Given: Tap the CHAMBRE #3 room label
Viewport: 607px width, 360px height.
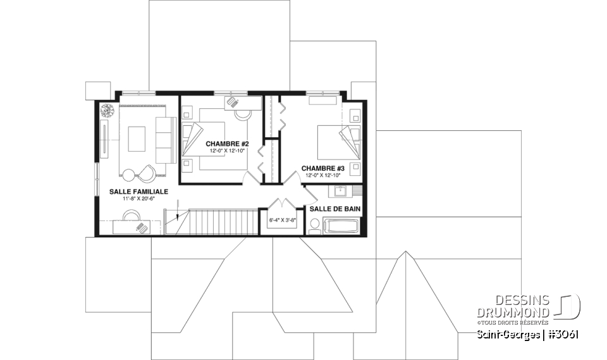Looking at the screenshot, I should (322, 168).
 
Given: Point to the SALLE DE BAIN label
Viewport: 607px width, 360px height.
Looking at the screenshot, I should (334, 209).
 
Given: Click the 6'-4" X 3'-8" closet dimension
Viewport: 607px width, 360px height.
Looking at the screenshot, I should (283, 220).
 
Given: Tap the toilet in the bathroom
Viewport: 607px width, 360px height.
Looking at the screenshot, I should (314, 225).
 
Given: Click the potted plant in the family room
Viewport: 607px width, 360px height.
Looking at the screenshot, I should (106, 109).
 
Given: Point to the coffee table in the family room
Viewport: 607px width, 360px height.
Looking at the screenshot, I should (137, 139).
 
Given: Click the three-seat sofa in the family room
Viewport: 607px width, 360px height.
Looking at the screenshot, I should (166, 139).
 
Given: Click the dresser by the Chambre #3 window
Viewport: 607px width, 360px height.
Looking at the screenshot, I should (323, 99).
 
